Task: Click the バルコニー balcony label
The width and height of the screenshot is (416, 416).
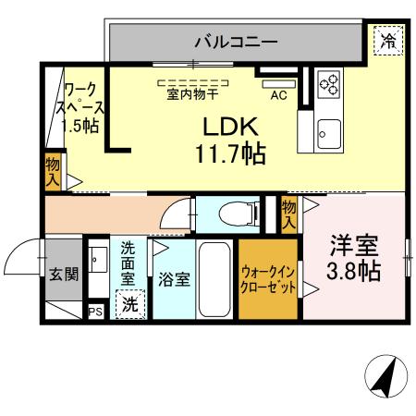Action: point(235,41)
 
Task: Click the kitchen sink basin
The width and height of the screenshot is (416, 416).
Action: point(329,129)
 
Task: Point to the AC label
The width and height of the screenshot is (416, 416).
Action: point(277,93)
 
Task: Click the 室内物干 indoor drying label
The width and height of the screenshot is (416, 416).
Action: point(194,93)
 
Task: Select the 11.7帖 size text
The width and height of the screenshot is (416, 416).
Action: point(230,153)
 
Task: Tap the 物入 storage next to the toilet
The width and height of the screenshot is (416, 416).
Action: point(288,214)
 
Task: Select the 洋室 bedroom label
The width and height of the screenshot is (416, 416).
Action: point(355,247)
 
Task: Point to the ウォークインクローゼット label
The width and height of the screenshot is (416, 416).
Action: point(269,280)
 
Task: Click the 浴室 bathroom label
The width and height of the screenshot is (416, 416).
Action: point(173,277)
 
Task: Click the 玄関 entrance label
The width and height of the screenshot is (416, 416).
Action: point(64,274)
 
